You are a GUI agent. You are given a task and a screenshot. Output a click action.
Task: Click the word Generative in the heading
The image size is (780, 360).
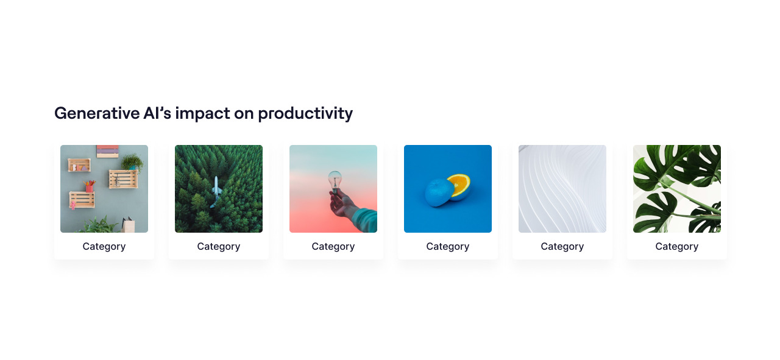pos(97,113)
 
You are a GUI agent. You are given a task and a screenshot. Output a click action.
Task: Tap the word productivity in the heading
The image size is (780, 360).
pos(305,114)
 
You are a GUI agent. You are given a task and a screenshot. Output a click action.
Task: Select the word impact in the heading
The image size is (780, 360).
pos(202,114)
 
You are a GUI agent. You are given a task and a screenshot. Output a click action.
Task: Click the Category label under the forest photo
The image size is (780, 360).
pos(219,247)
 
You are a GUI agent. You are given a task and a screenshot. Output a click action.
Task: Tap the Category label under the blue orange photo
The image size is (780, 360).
pos(448,247)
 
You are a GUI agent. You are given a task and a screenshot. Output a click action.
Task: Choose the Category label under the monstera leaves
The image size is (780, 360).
pos(677,247)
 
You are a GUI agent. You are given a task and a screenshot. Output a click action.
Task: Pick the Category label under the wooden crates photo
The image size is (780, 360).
pos(104,247)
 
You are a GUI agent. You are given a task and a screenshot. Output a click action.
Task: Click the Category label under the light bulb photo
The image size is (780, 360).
pos(333,247)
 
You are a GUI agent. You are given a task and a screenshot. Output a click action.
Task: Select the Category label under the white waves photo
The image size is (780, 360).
pos(562,247)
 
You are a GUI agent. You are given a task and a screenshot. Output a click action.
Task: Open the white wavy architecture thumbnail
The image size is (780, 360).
pos(562,189)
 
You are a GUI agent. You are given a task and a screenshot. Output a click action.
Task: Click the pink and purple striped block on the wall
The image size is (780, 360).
pos(108,151)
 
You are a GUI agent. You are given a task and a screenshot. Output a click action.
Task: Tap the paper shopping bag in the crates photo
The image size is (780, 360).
pos(128,225)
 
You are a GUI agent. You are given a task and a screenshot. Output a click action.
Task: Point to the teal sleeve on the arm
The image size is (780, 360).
pos(366,220)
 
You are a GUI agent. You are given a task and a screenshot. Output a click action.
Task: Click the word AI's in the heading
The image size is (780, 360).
pos(157,113)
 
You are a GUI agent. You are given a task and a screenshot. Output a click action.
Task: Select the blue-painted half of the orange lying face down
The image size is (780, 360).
pos(439,192)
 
